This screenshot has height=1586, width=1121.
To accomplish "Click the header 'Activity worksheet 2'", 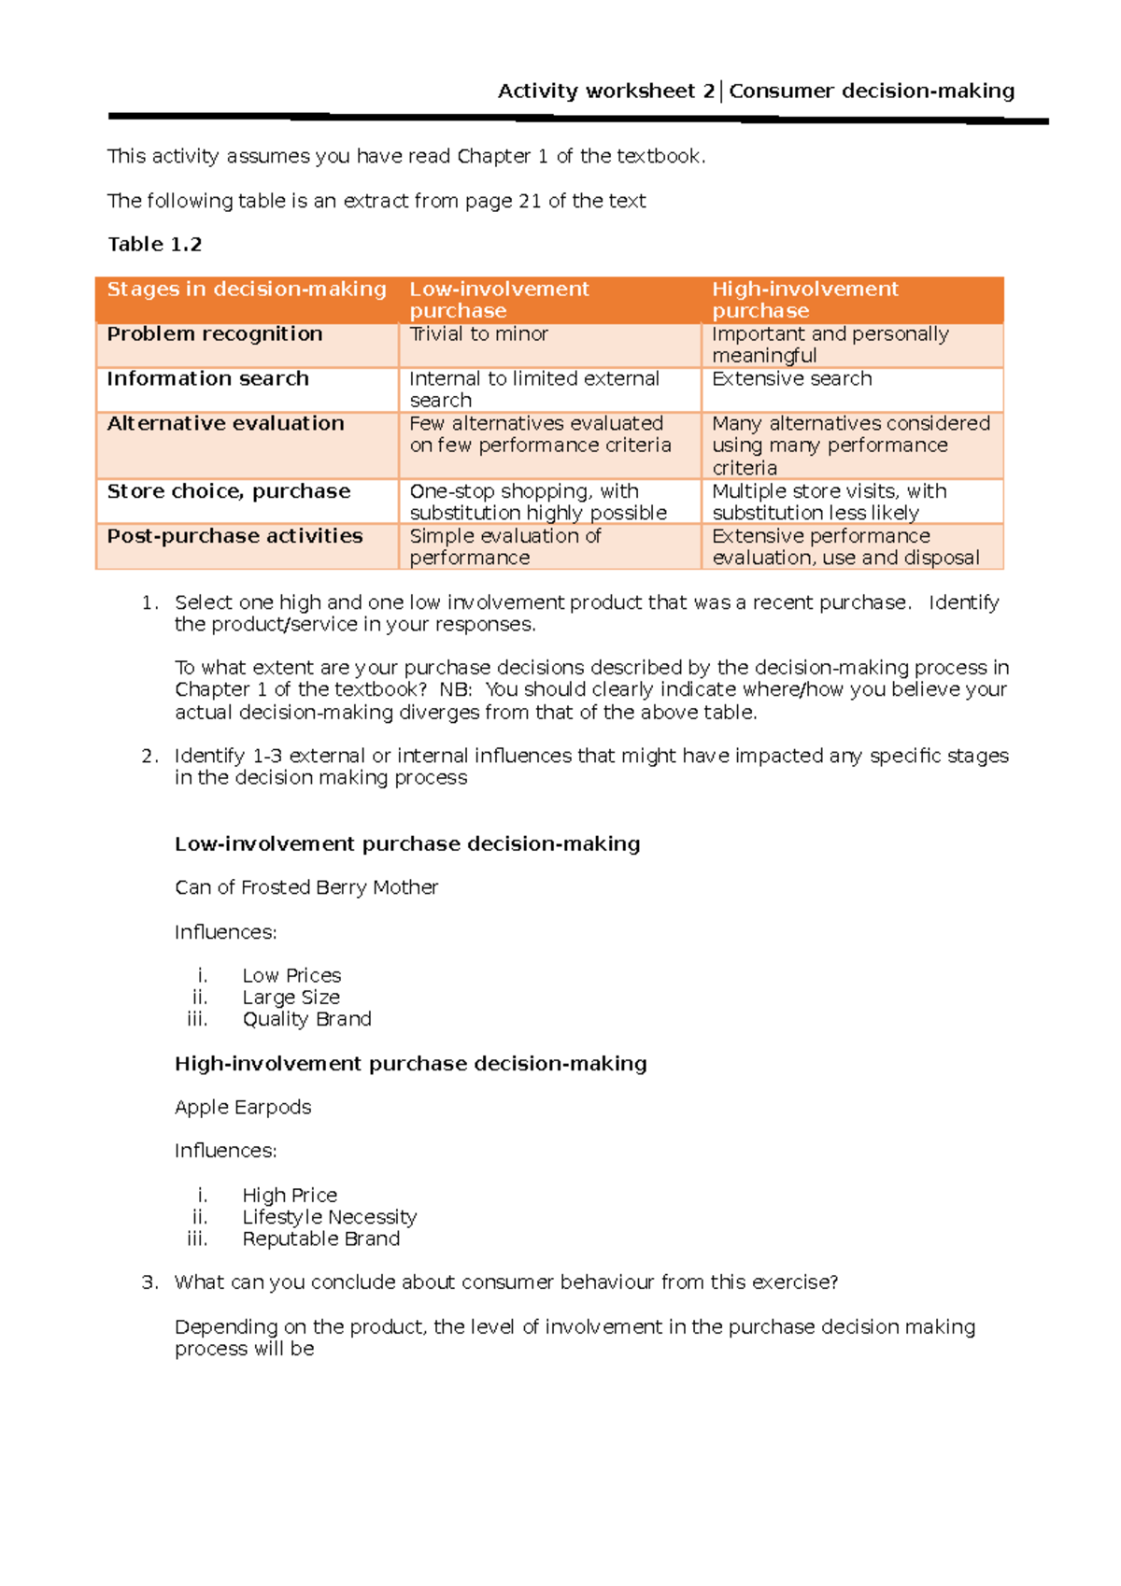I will (x=605, y=92).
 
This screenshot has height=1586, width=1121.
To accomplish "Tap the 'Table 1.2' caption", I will (x=154, y=245).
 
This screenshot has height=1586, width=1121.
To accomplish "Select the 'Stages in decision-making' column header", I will (x=247, y=290).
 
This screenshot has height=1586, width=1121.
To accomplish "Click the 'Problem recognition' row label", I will (x=215, y=334).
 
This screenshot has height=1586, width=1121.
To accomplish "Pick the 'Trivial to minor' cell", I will (x=478, y=334).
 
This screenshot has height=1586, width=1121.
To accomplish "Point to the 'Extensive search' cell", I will (x=791, y=379).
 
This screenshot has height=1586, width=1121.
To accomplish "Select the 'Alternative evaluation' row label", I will (x=225, y=424).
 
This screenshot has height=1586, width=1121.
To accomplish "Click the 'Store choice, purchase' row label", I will (x=229, y=491).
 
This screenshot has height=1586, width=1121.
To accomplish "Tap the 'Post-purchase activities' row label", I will (x=234, y=536).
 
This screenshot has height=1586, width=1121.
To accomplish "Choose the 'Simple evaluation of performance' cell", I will (x=504, y=546).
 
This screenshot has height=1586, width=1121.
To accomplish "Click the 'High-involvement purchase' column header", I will (x=804, y=300).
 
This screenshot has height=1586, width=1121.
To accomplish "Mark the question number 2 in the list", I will (x=149, y=757).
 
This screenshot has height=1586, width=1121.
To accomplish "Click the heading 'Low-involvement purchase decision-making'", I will (x=407, y=844).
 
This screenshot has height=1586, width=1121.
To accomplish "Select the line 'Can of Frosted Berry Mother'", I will (x=306, y=887).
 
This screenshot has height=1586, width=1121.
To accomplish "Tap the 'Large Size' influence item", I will (x=291, y=998).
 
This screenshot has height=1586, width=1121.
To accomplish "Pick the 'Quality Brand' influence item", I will (x=306, y=1019).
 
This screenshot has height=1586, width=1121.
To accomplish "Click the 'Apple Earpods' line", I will (x=243, y=1108).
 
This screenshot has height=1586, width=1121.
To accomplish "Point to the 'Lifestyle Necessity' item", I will (x=329, y=1217).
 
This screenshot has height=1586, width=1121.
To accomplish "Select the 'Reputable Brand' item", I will (x=320, y=1239).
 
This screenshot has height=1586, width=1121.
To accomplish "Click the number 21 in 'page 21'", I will (x=530, y=202).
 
